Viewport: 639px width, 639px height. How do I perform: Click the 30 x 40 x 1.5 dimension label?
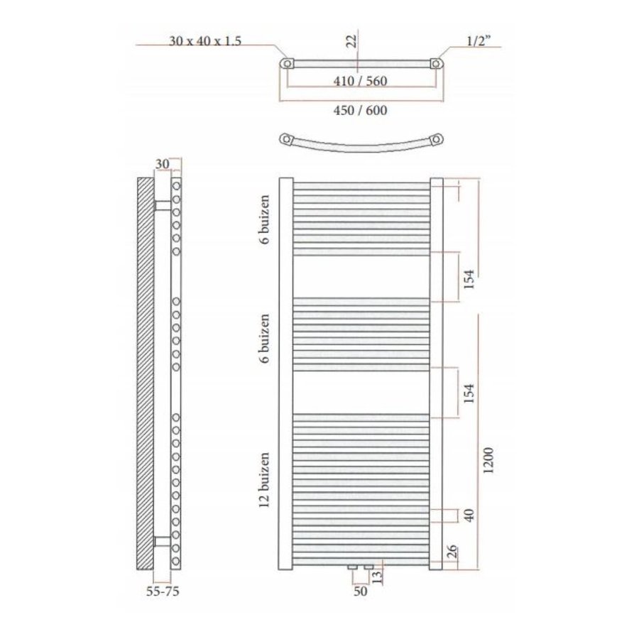[x=206, y=41]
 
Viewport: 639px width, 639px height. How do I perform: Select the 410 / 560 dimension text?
[x=360, y=81]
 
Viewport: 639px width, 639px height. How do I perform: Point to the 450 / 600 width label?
[x=361, y=110]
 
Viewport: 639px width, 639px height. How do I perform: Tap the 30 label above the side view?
[x=162, y=163]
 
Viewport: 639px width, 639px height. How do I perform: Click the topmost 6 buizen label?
[x=266, y=220]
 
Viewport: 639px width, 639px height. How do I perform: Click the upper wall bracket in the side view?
[x=163, y=205]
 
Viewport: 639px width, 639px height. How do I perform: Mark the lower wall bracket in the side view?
[x=163, y=542]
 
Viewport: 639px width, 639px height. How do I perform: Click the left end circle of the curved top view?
[x=287, y=138]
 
